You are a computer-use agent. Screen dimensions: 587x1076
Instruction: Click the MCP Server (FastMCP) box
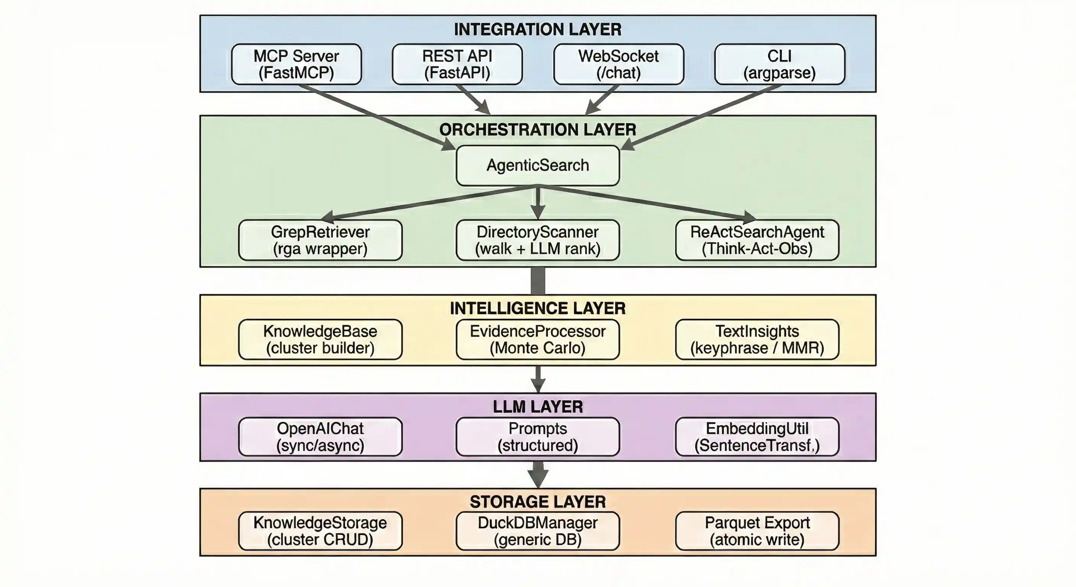point(296,64)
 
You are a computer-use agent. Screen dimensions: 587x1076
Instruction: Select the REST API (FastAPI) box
point(457,64)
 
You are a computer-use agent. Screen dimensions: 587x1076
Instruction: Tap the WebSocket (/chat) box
point(618,64)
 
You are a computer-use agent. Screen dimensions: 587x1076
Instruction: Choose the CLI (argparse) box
point(779,64)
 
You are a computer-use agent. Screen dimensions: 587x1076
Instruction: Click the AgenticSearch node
point(538,165)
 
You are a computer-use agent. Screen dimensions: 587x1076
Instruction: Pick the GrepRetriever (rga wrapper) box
point(320,240)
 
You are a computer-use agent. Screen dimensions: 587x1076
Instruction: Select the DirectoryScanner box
point(538,240)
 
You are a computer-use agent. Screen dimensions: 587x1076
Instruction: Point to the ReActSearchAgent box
point(757,240)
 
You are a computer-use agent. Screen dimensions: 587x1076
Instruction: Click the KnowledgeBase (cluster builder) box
point(320,339)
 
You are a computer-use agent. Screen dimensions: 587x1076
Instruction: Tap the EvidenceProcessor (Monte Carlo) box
point(538,339)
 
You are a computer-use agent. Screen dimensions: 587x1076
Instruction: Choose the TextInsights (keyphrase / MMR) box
point(757,339)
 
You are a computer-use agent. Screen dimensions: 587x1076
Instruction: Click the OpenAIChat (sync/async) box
point(320,436)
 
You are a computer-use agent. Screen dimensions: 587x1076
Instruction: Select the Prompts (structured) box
point(538,436)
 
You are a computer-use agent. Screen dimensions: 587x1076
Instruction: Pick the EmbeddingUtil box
point(757,436)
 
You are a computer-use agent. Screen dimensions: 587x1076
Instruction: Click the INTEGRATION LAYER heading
point(538,30)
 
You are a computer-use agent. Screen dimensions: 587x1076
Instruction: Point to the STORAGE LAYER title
point(538,502)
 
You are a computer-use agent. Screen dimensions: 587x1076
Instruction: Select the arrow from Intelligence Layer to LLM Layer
point(538,378)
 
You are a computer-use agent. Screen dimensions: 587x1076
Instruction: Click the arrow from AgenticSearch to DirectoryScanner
point(538,203)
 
